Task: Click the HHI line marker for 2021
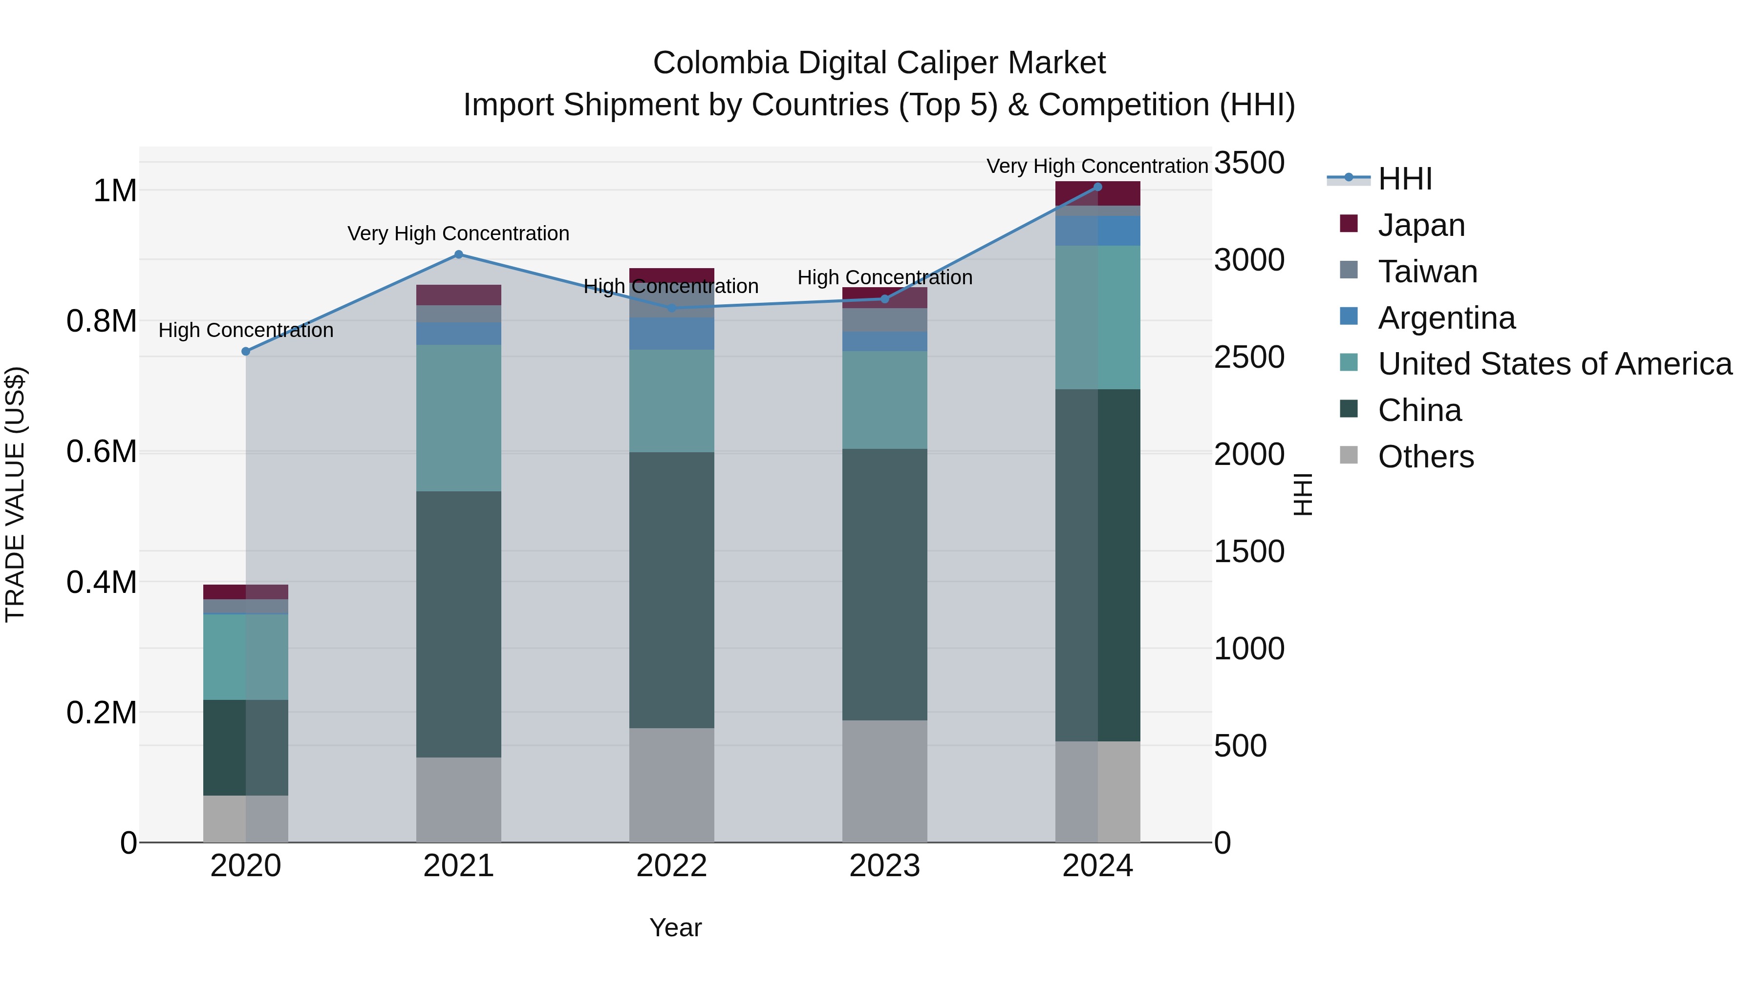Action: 458,254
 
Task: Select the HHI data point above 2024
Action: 1097,187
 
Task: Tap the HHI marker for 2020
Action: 246,352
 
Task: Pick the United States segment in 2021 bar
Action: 458,418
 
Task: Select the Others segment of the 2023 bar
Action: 884,781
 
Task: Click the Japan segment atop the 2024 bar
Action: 1097,193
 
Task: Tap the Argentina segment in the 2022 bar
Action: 671,334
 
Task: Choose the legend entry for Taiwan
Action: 1427,272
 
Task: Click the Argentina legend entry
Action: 1446,318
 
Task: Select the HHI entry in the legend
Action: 1405,179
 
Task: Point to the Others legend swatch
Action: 1349,455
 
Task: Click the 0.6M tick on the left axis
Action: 101,452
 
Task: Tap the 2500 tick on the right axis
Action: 1249,358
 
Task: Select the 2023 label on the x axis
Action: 884,866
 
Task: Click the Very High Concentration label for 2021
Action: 458,233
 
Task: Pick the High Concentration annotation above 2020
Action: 246,330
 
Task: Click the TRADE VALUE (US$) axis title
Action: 15,494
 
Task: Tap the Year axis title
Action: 675,927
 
